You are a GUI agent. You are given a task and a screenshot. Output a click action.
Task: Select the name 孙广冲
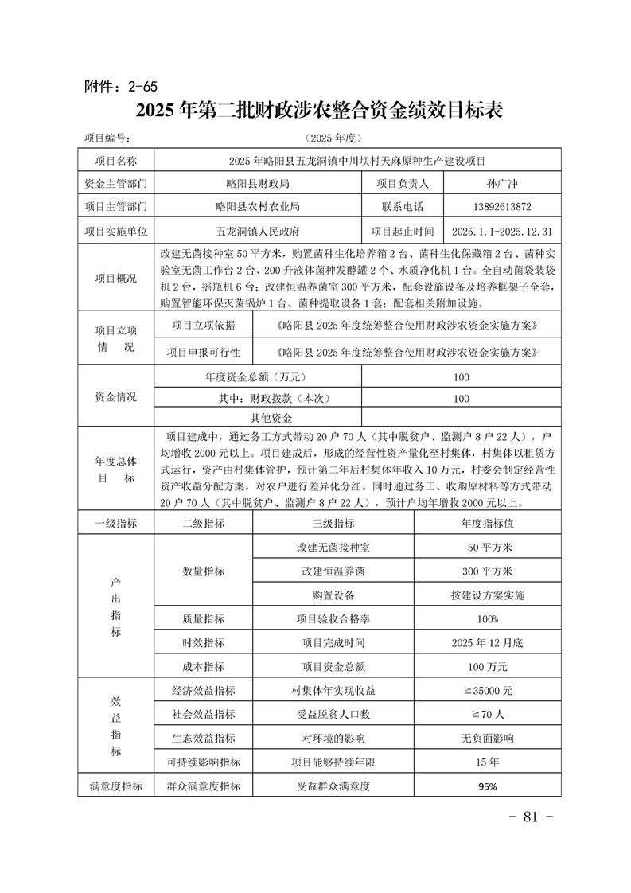pos(501,183)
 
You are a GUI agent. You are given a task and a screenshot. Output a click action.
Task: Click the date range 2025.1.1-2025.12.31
pos(501,232)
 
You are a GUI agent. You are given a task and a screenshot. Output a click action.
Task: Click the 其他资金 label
pos(272,418)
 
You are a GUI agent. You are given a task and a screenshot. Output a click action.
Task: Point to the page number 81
pos(529,817)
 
